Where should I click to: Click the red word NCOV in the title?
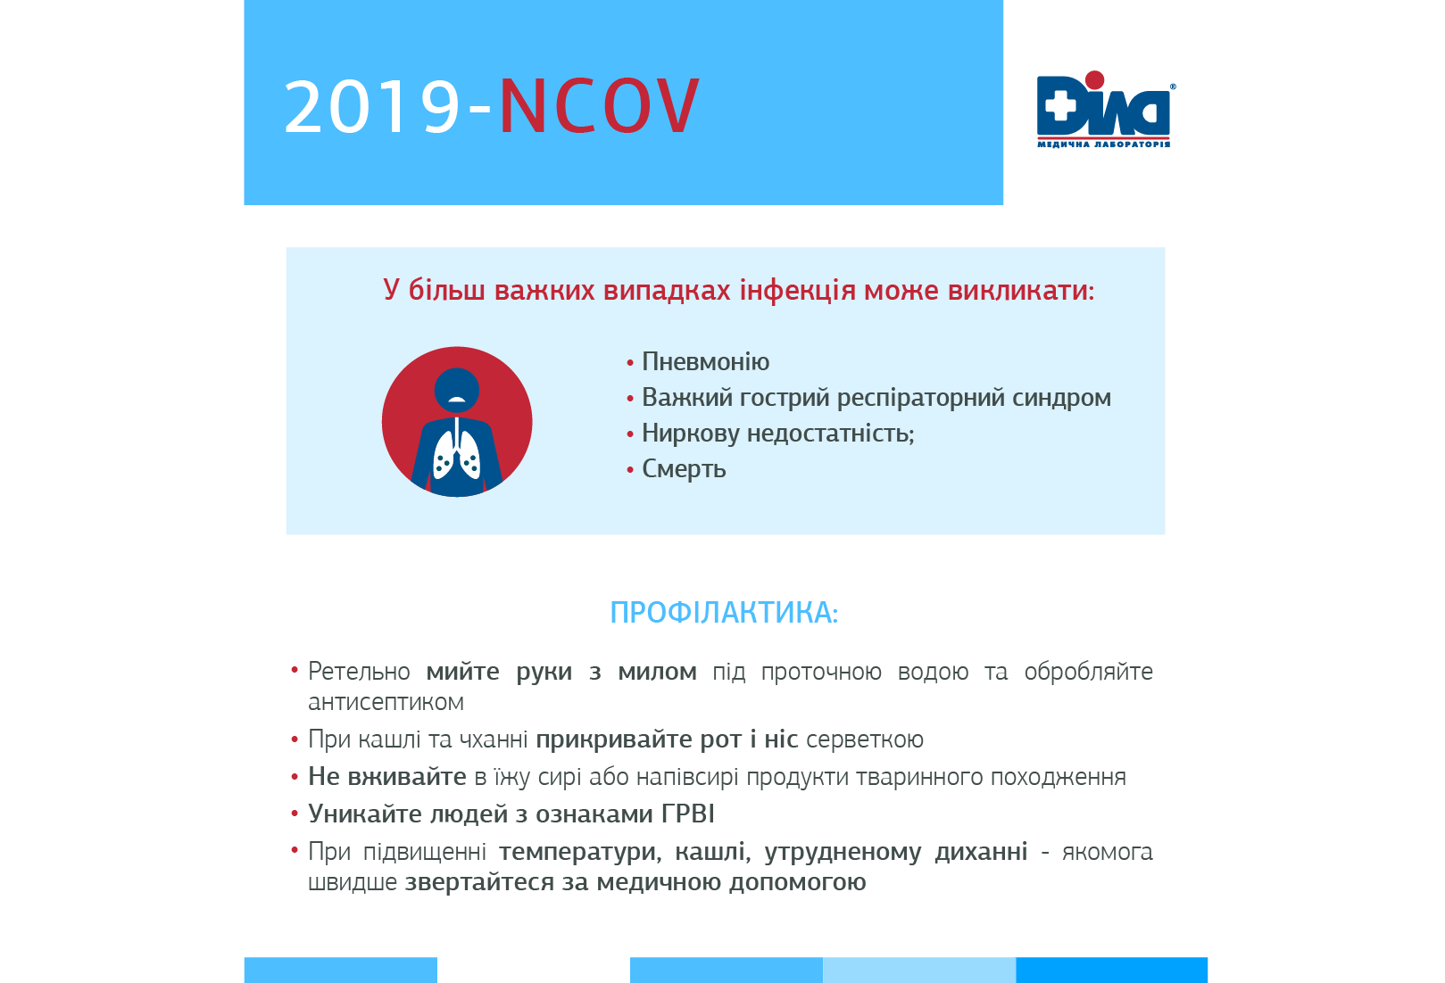point(599,106)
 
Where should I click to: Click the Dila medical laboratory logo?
point(1104,110)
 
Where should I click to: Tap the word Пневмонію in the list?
point(705,362)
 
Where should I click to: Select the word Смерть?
point(684,469)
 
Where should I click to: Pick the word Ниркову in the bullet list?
point(691,434)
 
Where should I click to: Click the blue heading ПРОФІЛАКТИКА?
point(724,613)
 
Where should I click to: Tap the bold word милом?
point(657,672)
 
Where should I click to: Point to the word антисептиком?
point(386,703)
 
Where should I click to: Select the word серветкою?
point(864,739)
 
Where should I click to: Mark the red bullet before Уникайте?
point(295,814)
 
